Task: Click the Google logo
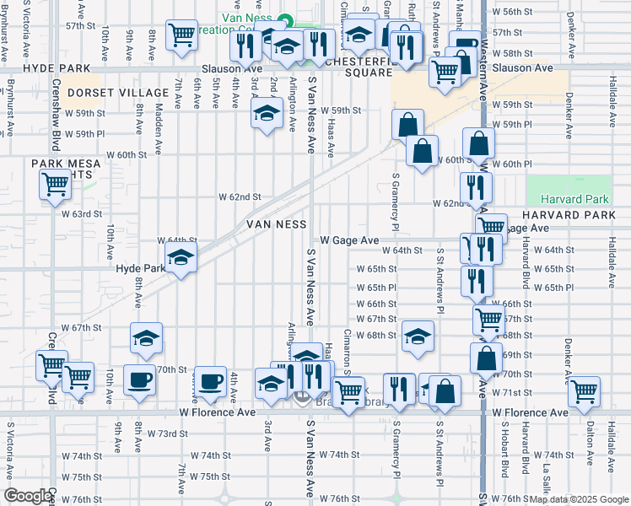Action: [x=27, y=496]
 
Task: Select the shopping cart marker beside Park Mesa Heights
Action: [x=55, y=184]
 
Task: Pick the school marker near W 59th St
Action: [x=267, y=114]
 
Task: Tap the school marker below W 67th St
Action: [x=146, y=337]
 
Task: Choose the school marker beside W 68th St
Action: [x=417, y=336]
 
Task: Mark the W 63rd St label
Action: [x=86, y=214]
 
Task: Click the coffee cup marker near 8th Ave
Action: [x=139, y=379]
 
